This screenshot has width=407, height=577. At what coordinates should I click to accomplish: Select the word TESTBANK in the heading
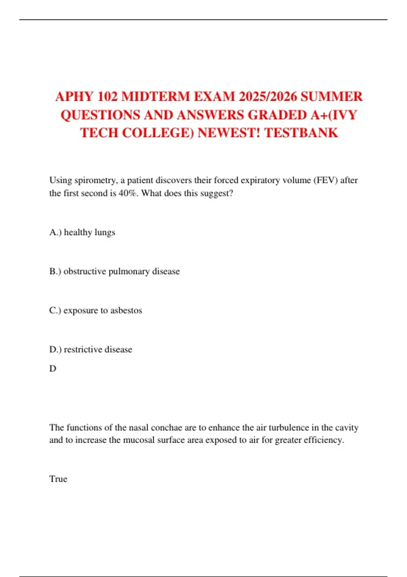coord(301,133)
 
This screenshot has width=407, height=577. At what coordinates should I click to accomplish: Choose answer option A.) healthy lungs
coord(82,232)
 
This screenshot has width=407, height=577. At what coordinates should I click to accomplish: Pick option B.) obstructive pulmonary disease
coord(115,272)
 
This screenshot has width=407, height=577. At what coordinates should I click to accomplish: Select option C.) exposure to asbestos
coord(96,310)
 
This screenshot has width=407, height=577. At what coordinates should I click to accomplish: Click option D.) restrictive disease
coord(91,349)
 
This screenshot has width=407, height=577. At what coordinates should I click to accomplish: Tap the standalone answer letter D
coord(53,369)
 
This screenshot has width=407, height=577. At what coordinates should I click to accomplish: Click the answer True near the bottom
coord(58,479)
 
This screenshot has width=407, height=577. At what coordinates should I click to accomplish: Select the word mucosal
coord(139,440)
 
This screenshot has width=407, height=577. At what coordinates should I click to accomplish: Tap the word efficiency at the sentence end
coord(324,440)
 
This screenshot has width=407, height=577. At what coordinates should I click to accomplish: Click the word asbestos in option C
coord(126,310)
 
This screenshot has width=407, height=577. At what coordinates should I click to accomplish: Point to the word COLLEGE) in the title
coord(158,133)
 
